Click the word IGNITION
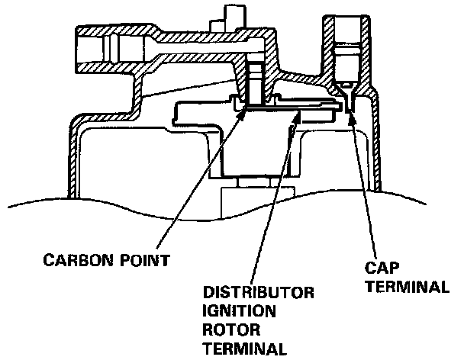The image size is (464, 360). pyautogui.click(x=234, y=312)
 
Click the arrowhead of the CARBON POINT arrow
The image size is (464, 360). pyautogui.click(x=244, y=111)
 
